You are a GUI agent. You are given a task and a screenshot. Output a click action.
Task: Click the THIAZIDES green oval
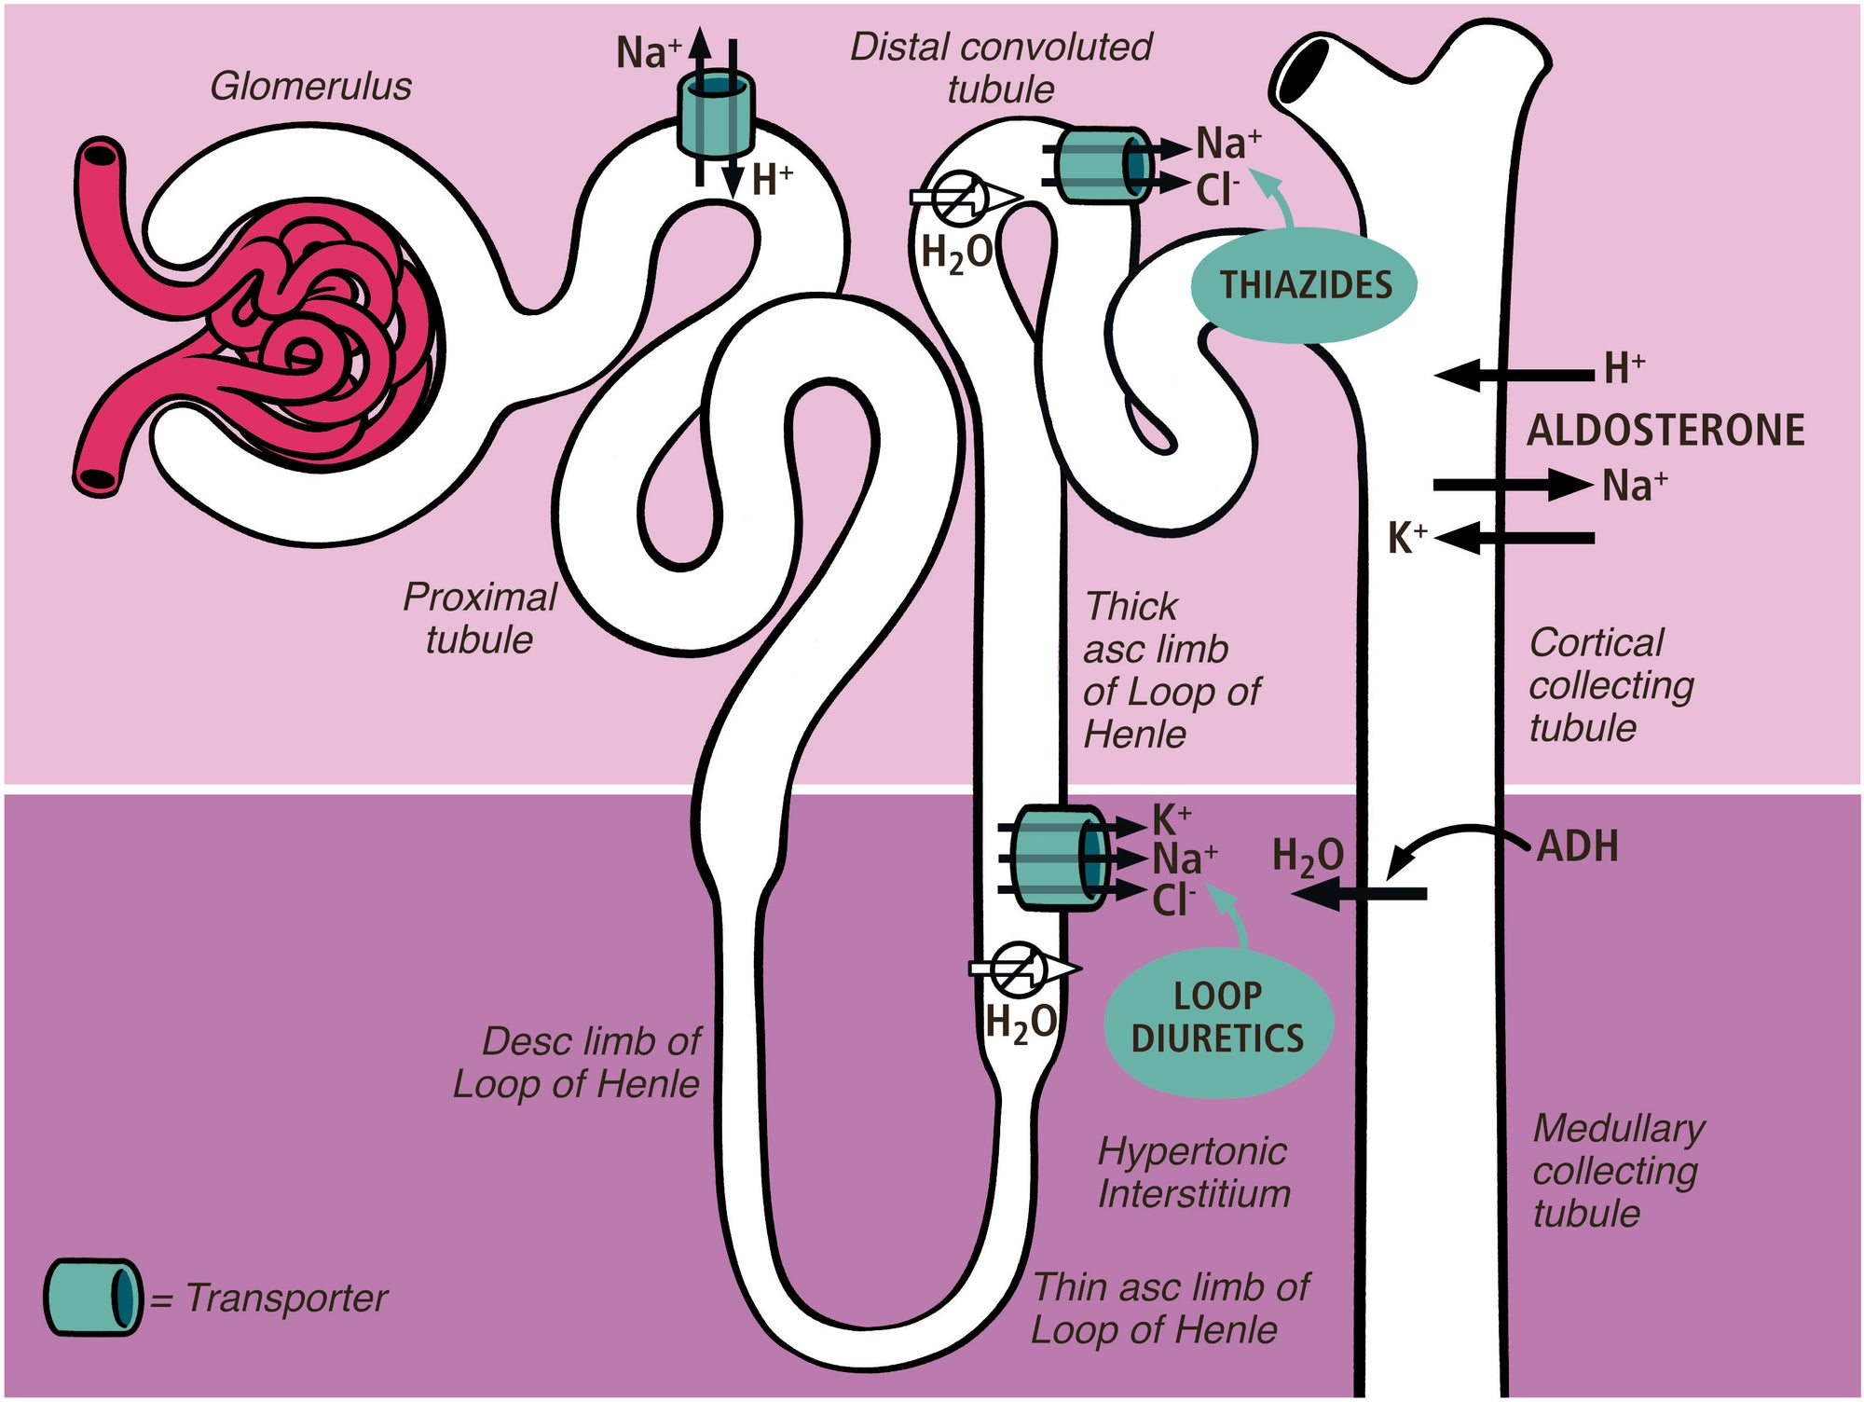tap(1304, 284)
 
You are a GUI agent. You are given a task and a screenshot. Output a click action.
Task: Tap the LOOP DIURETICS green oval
tap(1218, 1018)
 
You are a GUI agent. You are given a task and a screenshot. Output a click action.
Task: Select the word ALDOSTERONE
tap(1665, 430)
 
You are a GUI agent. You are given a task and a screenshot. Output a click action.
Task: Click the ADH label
tap(1577, 846)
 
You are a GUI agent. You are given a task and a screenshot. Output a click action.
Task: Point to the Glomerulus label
tap(310, 87)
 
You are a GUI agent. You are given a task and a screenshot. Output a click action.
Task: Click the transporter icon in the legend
tap(92, 1297)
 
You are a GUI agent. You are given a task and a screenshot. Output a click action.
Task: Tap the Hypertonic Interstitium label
tap(1194, 1173)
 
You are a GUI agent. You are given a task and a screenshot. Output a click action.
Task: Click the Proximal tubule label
tap(480, 618)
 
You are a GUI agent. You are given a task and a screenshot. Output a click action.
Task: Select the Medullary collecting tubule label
tap(1617, 1171)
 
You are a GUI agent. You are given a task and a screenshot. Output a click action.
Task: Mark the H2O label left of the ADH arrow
tap(1308, 858)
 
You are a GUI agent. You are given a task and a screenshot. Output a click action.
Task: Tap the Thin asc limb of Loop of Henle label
tap(1170, 1308)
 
